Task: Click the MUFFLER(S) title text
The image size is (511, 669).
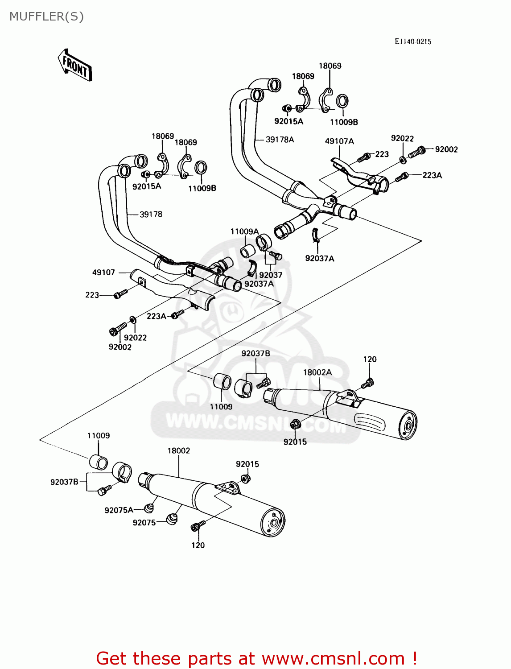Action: pyautogui.click(x=46, y=17)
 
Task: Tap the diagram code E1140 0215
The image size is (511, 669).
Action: pyautogui.click(x=413, y=41)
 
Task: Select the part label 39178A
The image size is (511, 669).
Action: pyautogui.click(x=280, y=140)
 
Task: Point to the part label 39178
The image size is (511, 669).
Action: pyautogui.click(x=151, y=215)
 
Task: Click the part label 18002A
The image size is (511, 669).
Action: pyautogui.click(x=317, y=372)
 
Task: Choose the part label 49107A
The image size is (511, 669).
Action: pyautogui.click(x=339, y=141)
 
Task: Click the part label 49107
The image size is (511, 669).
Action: pyautogui.click(x=103, y=273)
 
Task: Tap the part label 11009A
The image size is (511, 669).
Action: pyautogui.click(x=244, y=231)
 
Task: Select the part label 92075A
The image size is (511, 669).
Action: pyautogui.click(x=119, y=510)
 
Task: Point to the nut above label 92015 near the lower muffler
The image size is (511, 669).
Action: pyautogui.click(x=244, y=479)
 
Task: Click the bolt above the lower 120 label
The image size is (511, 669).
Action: pyautogui.click(x=198, y=526)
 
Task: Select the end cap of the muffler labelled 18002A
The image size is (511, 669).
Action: pyautogui.click(x=407, y=426)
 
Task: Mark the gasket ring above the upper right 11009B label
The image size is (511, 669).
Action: pyautogui.click(x=342, y=101)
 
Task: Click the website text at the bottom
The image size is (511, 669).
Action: pyautogui.click(x=256, y=658)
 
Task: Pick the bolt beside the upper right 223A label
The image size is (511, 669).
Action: pyautogui.click(x=402, y=177)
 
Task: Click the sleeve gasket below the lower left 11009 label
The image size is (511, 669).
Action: pyautogui.click(x=99, y=462)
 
